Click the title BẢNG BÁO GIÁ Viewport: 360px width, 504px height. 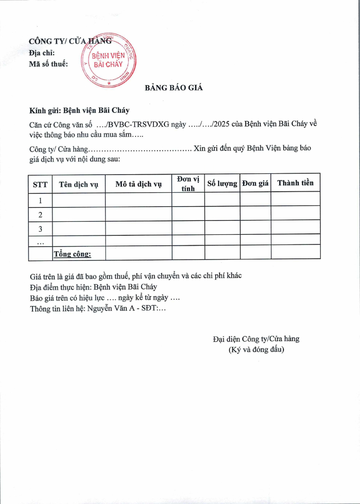[x=174, y=88]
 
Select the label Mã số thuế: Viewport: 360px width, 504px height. [x=49, y=64]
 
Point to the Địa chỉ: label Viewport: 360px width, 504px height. [x=41, y=53]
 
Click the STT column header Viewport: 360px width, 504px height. [x=40, y=184]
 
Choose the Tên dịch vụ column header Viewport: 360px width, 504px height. [x=79, y=184]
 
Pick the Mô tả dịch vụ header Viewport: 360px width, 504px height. [x=138, y=184]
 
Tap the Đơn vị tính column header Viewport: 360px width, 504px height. [x=188, y=184]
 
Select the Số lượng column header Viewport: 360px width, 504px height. [x=222, y=184]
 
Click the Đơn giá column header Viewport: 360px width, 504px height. [x=255, y=184]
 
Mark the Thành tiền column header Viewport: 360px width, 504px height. [x=295, y=183]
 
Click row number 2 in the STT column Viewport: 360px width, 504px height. [x=40, y=215]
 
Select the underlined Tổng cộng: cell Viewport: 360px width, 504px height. [x=72, y=254]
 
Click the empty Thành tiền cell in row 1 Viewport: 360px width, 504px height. [x=295, y=199]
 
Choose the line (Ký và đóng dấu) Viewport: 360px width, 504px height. [x=256, y=349]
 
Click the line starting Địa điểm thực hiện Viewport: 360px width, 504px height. [x=93, y=287]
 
